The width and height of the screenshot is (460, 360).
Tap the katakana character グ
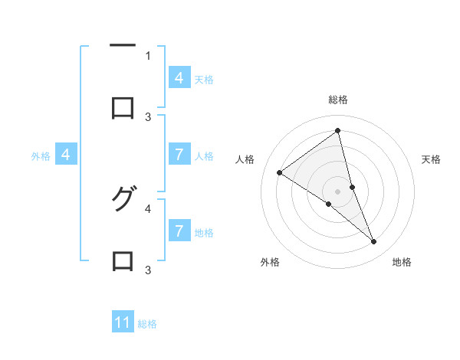[123, 200]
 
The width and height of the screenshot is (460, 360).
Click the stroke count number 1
[148, 55]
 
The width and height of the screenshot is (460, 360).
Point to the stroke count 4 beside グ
[148, 208]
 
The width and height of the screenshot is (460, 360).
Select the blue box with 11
[123, 322]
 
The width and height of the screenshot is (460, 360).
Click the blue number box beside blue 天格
[179, 77]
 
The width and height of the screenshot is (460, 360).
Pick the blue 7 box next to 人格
[179, 155]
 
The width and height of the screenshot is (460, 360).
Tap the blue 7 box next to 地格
[179, 231]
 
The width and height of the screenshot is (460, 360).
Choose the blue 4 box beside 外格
[66, 155]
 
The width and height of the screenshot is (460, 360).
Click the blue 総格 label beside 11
[147, 324]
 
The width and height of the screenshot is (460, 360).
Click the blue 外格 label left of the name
[41, 156]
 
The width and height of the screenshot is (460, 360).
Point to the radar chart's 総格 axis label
[338, 100]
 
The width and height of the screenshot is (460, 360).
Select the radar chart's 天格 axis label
[432, 159]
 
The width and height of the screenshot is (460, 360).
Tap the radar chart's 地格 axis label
[402, 262]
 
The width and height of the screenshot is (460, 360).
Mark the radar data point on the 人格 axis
[279, 173]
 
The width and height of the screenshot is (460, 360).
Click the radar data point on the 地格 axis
[374, 242]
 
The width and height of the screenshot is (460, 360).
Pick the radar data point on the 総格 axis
[338, 130]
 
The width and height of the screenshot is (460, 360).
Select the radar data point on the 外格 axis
[328, 204]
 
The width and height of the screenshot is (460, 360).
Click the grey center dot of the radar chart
[338, 191]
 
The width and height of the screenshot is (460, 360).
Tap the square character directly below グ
[123, 261]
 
